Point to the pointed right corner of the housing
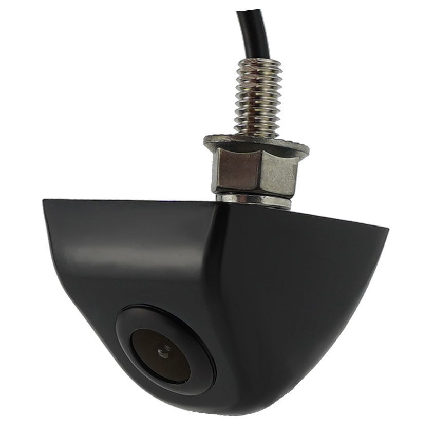(x=387, y=229)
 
